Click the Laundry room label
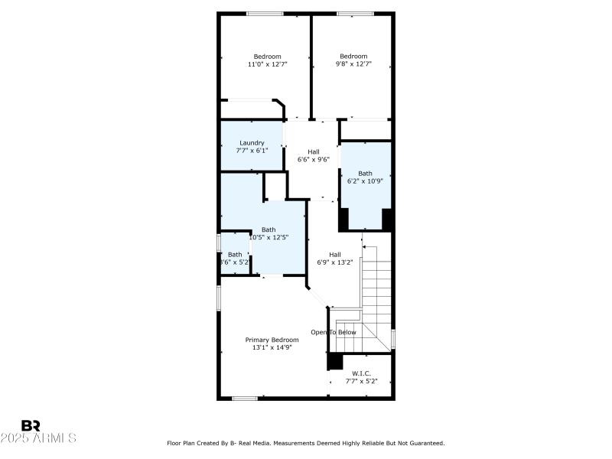(x=252, y=143)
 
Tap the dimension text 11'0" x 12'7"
(x=268, y=64)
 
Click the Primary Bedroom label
(x=272, y=340)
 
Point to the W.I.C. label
(x=361, y=373)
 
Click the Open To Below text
(x=333, y=332)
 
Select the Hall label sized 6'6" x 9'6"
(x=314, y=151)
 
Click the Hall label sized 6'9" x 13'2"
(x=335, y=255)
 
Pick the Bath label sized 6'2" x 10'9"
(x=365, y=173)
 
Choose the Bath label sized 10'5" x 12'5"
(x=269, y=229)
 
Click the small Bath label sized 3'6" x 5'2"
(x=235, y=255)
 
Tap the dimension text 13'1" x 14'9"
(x=272, y=347)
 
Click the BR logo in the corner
(x=31, y=425)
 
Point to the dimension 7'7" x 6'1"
(x=252, y=151)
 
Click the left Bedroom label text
(x=268, y=56)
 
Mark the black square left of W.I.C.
(x=335, y=362)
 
